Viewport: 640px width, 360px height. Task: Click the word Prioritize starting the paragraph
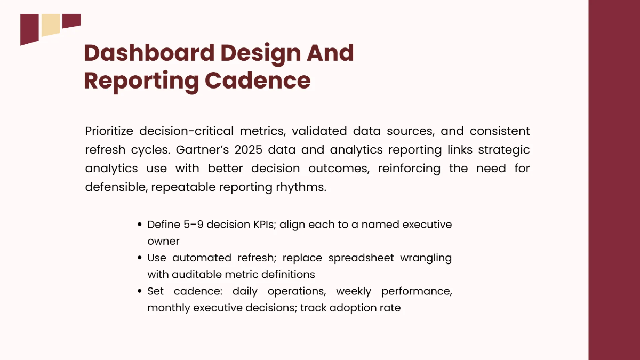109,131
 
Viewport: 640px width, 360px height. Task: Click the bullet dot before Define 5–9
140,225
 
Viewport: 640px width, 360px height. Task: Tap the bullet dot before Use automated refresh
140,258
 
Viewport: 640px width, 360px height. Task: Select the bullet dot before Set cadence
140,292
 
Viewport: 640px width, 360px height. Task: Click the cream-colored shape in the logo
51,25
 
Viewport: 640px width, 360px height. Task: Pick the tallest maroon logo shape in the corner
29,29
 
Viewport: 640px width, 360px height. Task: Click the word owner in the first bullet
163,241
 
